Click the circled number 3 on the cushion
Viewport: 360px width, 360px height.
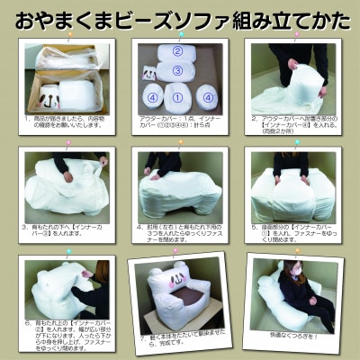point(178,69)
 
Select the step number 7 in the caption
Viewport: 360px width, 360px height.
point(143,341)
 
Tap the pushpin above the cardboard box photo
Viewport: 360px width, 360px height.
point(64,31)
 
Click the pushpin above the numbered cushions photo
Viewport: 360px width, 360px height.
point(181,32)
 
